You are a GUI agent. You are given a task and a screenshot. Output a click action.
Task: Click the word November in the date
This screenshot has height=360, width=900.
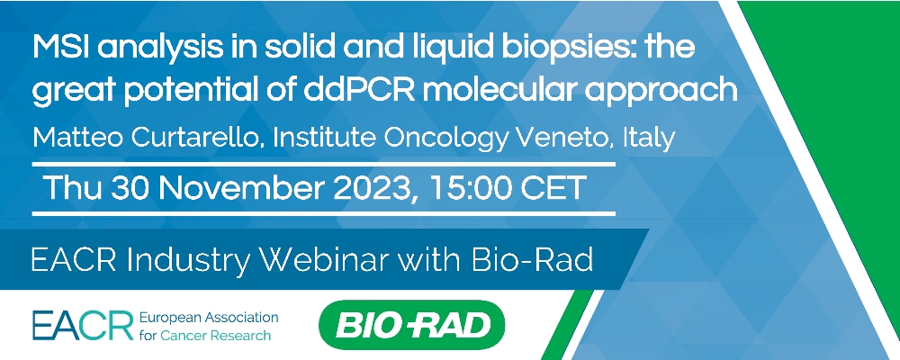point(241,188)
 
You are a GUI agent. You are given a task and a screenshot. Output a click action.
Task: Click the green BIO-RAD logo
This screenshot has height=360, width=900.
point(411,325)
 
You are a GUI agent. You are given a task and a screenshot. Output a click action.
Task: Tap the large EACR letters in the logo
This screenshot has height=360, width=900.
point(83,326)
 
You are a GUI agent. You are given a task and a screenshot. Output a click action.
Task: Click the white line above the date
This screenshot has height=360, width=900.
point(324,164)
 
